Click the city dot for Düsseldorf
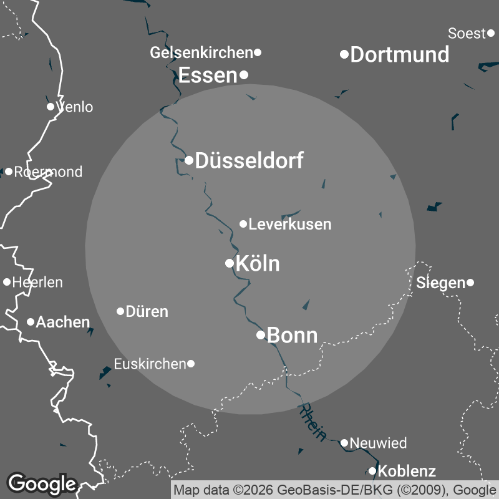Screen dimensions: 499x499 coord(189,160)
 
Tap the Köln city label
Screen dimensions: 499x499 coord(258,264)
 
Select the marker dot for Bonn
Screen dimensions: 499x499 coord(261,335)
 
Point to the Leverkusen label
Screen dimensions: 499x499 coord(289,224)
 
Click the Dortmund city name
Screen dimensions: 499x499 coord(400,55)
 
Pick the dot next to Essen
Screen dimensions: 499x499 coord(244,75)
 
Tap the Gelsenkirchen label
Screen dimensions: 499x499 coord(201,53)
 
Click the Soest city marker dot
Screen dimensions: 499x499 coord(491,33)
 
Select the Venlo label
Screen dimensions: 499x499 coord(75,107)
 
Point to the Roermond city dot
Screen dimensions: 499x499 coord(9,172)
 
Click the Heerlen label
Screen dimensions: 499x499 coord(37,283)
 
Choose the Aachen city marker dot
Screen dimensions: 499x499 coord(30,322)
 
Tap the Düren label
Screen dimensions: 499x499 coord(147,311)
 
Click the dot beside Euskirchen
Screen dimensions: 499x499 coord(191,364)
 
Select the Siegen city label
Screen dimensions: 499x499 coord(440,283)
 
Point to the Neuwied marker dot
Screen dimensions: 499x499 coord(344,443)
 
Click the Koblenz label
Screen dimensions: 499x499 coord(407,471)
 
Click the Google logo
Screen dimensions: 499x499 coord(42,483)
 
